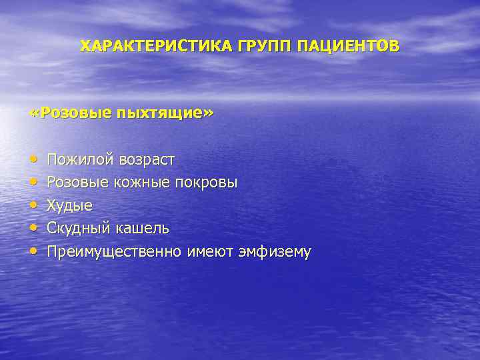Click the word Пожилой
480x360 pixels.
coord(80,160)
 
